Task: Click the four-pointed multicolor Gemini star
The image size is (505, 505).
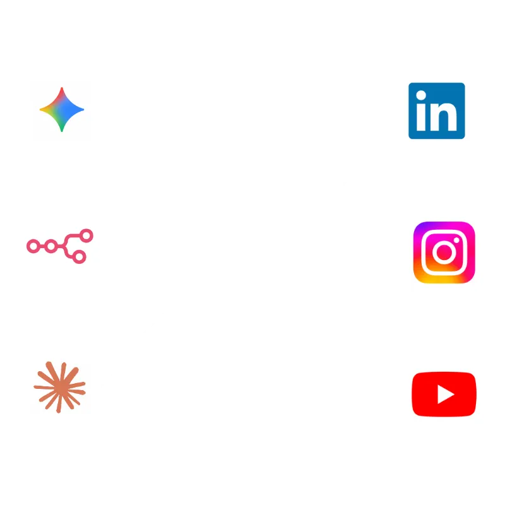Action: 61,110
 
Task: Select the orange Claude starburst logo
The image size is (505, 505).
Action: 59,388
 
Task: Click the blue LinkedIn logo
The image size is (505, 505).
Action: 437,110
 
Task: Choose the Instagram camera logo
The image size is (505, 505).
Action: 444,252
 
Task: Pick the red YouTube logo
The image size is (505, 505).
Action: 444,394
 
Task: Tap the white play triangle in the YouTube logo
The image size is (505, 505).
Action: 446,395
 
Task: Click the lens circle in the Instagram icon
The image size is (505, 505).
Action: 444,252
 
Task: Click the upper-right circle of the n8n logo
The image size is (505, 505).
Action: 86,235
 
